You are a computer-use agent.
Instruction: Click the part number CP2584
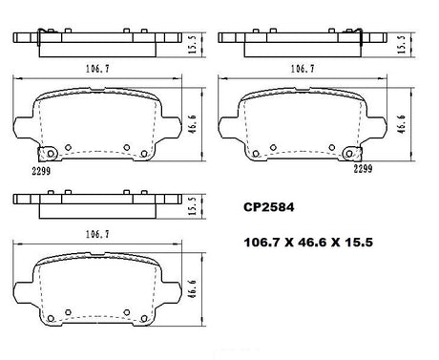[269, 207]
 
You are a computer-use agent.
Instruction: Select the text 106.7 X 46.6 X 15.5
[308, 243]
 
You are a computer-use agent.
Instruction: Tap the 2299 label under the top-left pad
[41, 171]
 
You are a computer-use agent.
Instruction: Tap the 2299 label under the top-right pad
[363, 169]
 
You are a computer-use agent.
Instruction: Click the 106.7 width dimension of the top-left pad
[97, 69]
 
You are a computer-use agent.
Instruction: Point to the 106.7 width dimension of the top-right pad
[303, 69]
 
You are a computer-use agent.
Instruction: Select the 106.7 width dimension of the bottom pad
[97, 235]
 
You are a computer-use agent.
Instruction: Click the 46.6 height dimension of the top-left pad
[193, 124]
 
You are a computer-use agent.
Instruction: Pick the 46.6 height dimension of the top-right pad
[402, 124]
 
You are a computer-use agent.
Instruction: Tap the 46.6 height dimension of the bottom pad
[192, 289]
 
